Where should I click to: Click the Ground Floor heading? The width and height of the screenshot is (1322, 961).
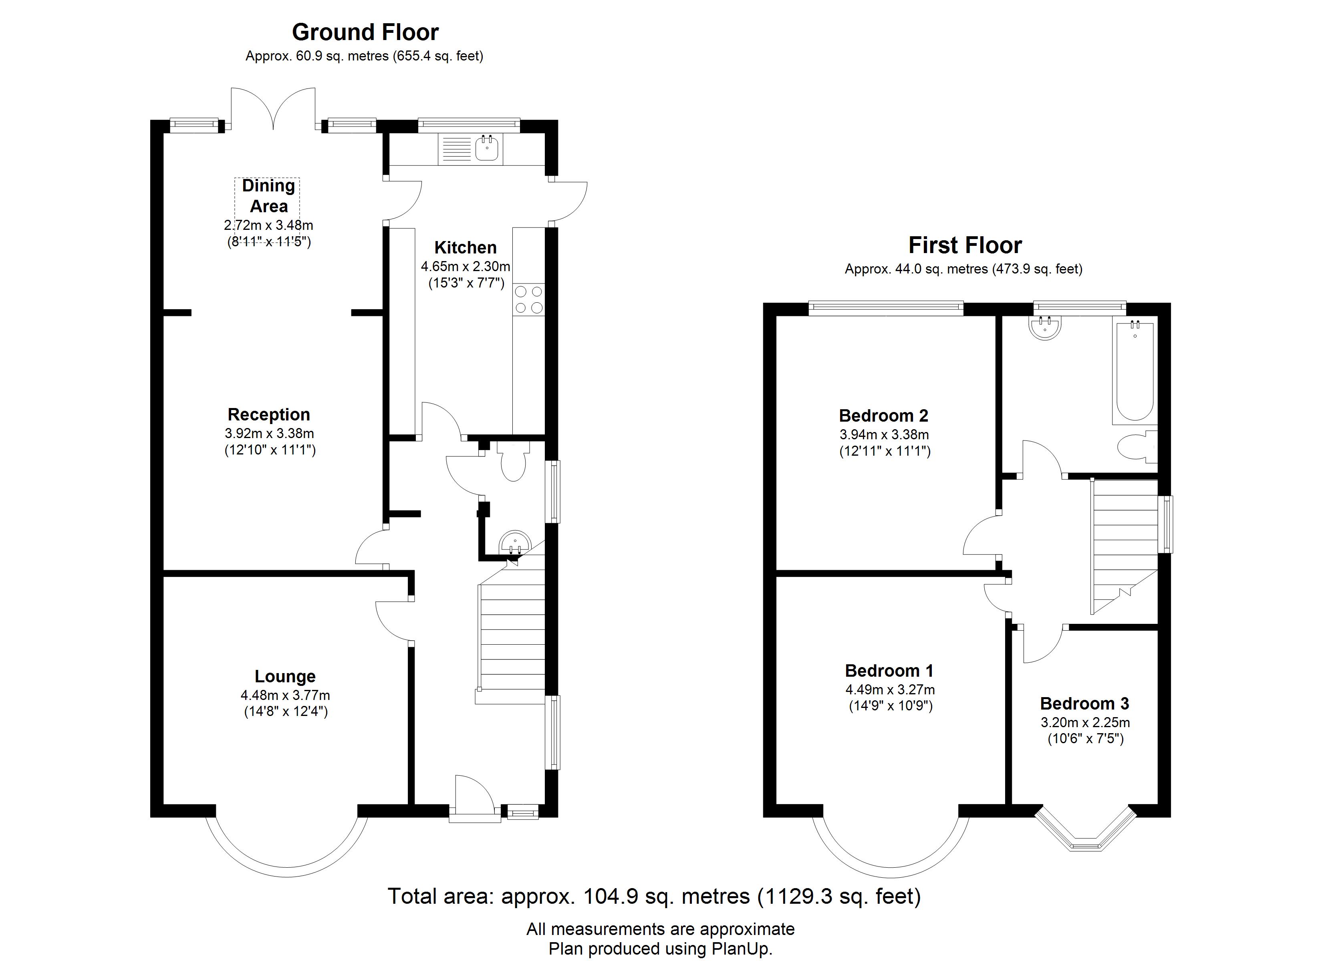tap(365, 32)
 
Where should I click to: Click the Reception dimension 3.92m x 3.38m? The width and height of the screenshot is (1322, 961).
tap(269, 434)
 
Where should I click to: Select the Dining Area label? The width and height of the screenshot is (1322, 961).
tap(269, 196)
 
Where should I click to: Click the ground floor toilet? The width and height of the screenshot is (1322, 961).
tap(512, 460)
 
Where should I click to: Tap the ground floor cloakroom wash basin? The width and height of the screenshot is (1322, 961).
tap(515, 543)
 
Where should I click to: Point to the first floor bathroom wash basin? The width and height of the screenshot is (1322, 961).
tap(1045, 328)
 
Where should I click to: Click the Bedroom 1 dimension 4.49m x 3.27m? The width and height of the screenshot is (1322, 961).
tap(890, 690)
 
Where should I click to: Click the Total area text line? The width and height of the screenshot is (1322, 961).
tap(654, 896)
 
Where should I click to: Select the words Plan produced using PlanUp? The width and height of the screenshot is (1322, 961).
tap(661, 948)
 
